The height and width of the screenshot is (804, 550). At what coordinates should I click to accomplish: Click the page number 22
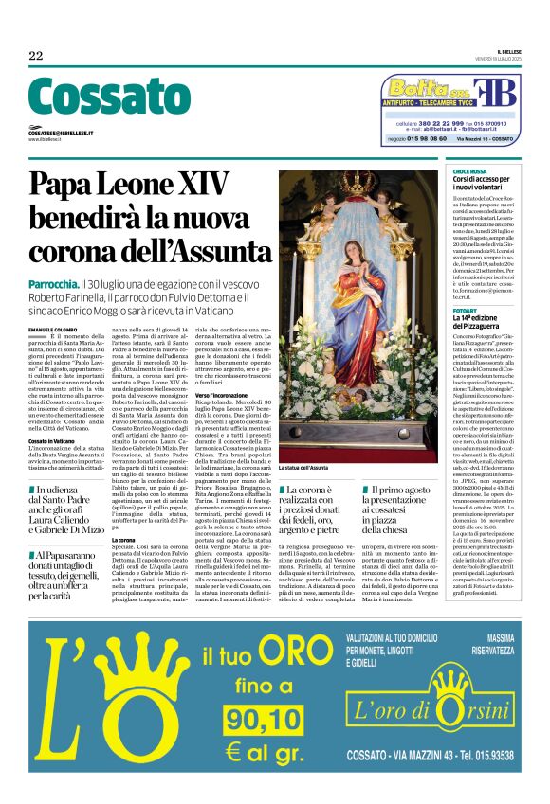[x=35, y=56]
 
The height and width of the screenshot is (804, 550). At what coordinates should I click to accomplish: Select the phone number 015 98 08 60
[x=422, y=139]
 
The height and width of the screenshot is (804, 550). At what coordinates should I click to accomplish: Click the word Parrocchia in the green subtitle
[x=79, y=283]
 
